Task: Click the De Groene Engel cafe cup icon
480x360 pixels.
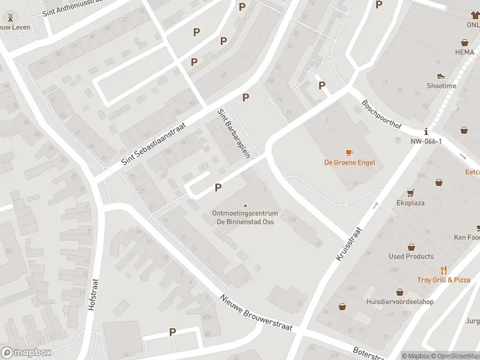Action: [349, 152]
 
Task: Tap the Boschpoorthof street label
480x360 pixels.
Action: [381, 115]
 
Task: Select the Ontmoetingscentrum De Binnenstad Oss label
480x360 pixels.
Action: [245, 217]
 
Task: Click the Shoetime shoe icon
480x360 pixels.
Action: [441, 76]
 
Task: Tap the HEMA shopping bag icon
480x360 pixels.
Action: [464, 43]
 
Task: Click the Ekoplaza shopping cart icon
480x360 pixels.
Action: [410, 193]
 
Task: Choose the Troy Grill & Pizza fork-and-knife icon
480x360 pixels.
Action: [444, 270]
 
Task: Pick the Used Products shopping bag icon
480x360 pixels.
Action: [411, 247]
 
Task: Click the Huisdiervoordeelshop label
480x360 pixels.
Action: [400, 301]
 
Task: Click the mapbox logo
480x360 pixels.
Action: [26, 353]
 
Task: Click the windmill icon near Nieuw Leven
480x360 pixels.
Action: [10, 17]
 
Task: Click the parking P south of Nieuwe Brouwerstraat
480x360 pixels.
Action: [173, 332]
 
